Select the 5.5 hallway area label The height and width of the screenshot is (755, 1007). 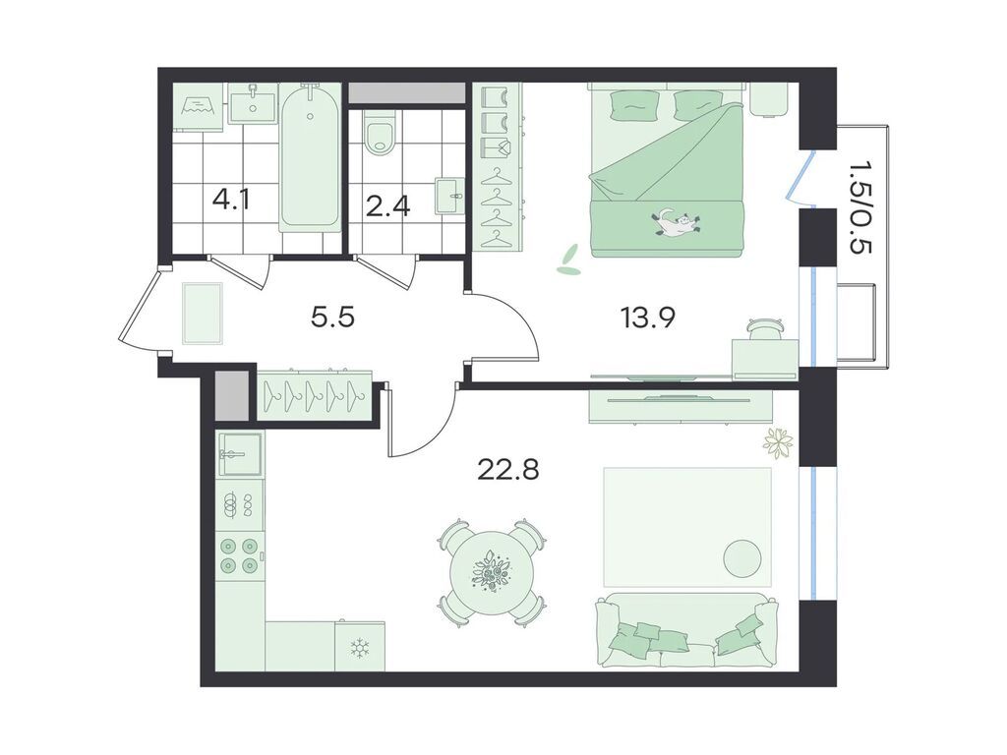(332, 317)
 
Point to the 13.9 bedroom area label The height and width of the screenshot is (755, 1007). (647, 318)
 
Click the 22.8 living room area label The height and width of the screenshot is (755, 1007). (508, 469)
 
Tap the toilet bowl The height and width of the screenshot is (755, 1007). (381, 133)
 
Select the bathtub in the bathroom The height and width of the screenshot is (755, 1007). (310, 156)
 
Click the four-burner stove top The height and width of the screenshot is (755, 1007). (240, 556)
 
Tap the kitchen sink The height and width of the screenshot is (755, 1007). (240, 454)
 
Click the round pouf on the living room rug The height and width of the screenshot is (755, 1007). (742, 558)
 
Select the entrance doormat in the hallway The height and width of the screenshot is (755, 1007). (203, 314)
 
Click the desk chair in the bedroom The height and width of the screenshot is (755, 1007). (766, 327)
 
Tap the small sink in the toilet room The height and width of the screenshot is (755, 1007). (449, 196)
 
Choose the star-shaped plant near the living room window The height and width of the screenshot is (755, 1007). (778, 441)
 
